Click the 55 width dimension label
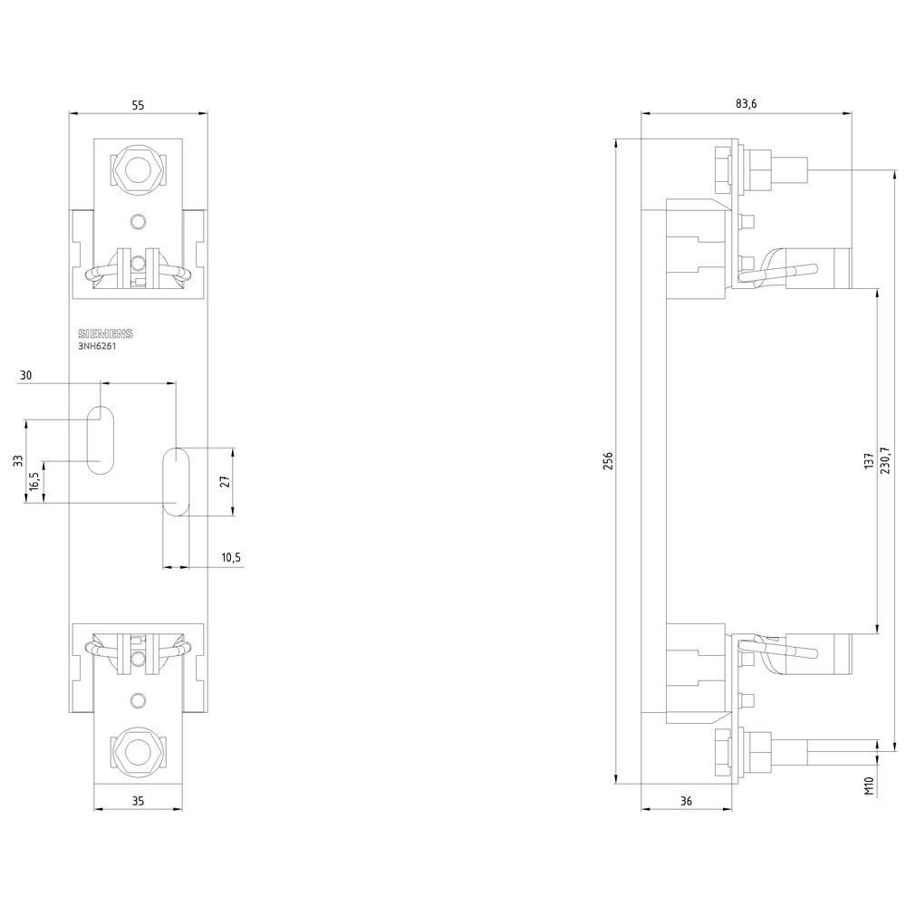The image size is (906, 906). click(138, 105)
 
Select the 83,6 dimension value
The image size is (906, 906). click(746, 105)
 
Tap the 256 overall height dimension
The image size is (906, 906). click(609, 461)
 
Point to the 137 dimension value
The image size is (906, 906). click(869, 461)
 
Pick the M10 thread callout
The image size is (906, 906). click(869, 786)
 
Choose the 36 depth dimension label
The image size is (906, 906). click(685, 801)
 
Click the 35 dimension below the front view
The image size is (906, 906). click(138, 801)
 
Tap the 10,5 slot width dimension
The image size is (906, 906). click(231, 558)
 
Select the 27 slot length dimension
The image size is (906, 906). click(226, 481)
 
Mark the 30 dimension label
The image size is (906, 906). click(25, 375)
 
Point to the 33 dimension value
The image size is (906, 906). click(17, 460)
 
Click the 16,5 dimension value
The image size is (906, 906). click(34, 481)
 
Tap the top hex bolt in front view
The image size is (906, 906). click(138, 169)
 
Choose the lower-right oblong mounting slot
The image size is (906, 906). click(175, 481)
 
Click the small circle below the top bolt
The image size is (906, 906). click(138, 222)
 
